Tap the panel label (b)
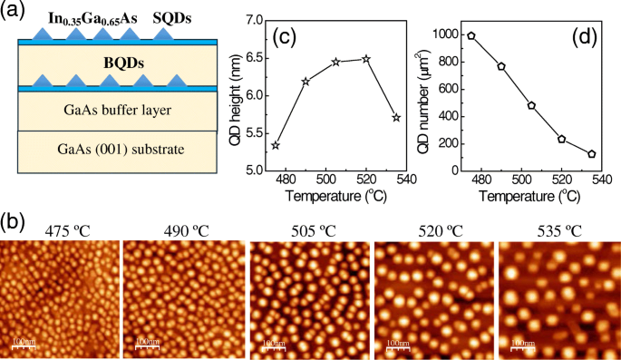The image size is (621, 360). [15, 220]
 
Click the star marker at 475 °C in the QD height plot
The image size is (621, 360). [276, 145]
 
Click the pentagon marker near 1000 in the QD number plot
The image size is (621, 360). [471, 36]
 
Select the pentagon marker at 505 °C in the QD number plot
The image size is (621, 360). [531, 106]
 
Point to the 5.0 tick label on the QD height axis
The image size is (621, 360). [252, 170]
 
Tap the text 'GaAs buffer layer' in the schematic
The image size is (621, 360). [106, 111]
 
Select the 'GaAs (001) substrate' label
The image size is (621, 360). [106, 150]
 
